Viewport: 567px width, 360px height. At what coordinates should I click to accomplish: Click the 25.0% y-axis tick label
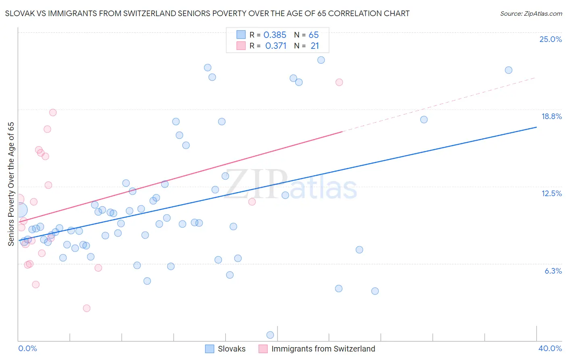click(x=550, y=39)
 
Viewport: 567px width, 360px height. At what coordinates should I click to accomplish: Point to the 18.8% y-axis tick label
click(x=551, y=116)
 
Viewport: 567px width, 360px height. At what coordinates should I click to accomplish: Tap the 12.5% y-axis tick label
click(x=551, y=193)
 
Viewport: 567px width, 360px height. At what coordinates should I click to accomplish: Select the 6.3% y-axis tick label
click(x=553, y=271)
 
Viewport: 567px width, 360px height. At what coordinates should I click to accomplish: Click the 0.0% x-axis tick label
click(x=27, y=348)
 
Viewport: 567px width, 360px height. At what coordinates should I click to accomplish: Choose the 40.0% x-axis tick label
click(x=550, y=348)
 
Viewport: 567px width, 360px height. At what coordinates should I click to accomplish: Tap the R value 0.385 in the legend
click(x=275, y=35)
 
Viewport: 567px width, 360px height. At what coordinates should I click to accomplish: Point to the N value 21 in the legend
click(x=315, y=46)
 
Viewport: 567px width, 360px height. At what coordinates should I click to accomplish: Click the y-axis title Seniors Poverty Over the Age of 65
click(x=11, y=184)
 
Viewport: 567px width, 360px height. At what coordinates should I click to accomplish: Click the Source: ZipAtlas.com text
click(x=531, y=14)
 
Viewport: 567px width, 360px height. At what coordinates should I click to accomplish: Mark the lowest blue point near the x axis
click(x=270, y=335)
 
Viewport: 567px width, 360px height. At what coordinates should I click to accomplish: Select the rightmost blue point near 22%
click(x=509, y=70)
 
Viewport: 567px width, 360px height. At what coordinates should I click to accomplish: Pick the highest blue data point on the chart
click(x=321, y=60)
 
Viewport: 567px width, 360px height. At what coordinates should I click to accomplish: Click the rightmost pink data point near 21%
click(x=339, y=82)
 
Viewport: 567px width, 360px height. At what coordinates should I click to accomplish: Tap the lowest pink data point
click(x=87, y=308)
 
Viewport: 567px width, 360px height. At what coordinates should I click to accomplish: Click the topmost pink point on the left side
click(x=53, y=113)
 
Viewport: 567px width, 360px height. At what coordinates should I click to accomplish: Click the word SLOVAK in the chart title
click(x=19, y=14)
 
